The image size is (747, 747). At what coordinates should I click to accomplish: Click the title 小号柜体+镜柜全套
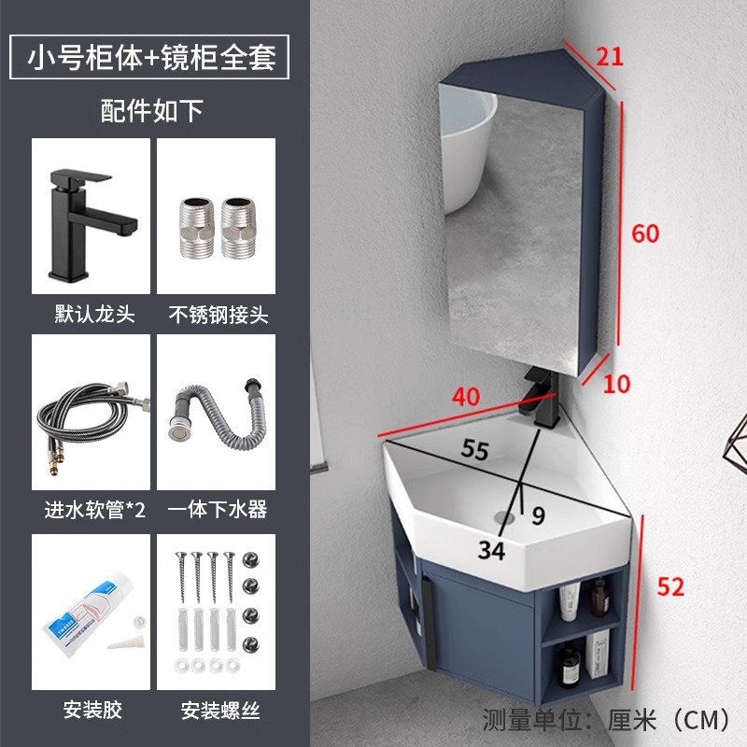coord(152,57)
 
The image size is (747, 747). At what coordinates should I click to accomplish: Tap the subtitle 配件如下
coord(152,111)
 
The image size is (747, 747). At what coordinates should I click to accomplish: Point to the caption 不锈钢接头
coord(216,315)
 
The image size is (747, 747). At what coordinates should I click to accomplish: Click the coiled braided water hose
coord(91,416)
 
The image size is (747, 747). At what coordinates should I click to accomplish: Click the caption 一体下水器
coord(216,509)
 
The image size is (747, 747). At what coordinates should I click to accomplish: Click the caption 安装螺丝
coord(216,706)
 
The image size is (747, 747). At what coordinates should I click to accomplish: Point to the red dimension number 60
coord(645,233)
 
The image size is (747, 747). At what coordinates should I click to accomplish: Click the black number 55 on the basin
coord(474,449)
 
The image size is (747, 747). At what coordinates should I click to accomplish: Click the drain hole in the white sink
coord(505,514)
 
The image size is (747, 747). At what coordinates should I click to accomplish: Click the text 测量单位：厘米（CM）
coord(606,720)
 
